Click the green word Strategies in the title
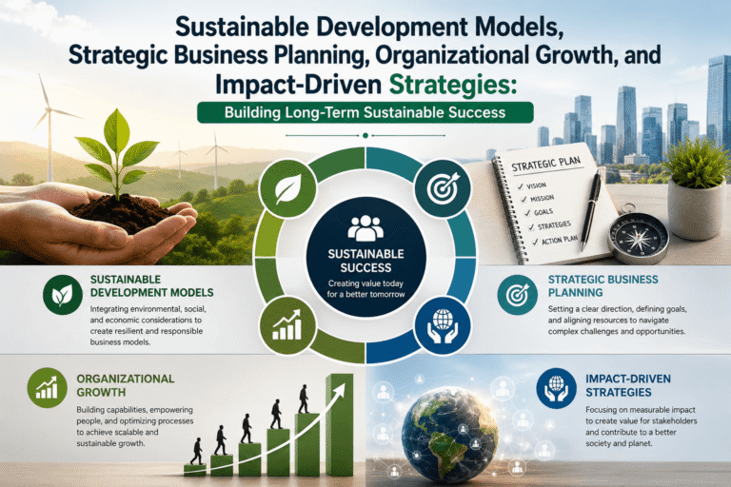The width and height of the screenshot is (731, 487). coord(452,85)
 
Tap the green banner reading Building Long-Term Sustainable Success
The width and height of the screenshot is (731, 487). coord(365,113)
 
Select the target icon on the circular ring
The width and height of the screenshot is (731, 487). coord(443,188)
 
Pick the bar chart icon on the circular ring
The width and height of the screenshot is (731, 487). coord(287,324)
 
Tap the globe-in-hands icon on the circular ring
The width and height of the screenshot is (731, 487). coord(443,325)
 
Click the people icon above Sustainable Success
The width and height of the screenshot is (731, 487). coord(365,228)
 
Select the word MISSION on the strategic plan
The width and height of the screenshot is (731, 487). coord(543,199)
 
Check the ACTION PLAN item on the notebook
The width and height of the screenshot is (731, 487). coord(560,240)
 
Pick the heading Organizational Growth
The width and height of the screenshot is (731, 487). coord(126,385)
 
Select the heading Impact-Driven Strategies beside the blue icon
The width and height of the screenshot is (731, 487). coord(628,385)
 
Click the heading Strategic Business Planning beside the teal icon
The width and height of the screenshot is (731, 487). coord(603,285)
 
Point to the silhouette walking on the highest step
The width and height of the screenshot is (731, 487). coord(304,399)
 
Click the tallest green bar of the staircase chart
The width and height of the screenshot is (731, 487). coord(340,425)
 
